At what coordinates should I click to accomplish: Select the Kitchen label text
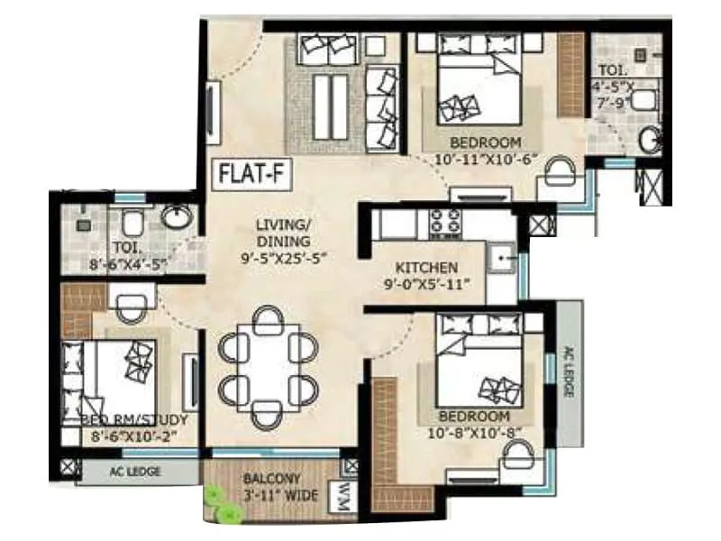coord(428,269)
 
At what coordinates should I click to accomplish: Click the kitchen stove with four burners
coord(444,222)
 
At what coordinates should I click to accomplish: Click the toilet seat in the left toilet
coord(132,222)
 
